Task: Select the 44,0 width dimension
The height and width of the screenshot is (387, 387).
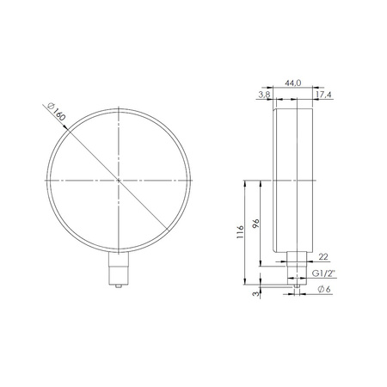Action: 292,83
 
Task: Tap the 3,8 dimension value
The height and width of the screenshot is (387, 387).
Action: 264,95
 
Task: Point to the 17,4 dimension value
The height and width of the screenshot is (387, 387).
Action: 324,95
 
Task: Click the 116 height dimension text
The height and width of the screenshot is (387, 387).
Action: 240,232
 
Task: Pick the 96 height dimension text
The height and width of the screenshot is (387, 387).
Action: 255,224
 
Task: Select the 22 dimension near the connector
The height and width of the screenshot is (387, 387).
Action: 323,256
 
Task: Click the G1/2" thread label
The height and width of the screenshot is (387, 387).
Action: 323,273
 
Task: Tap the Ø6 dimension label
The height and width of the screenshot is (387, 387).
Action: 324,289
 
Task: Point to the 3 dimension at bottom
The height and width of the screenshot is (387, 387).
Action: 256,293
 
